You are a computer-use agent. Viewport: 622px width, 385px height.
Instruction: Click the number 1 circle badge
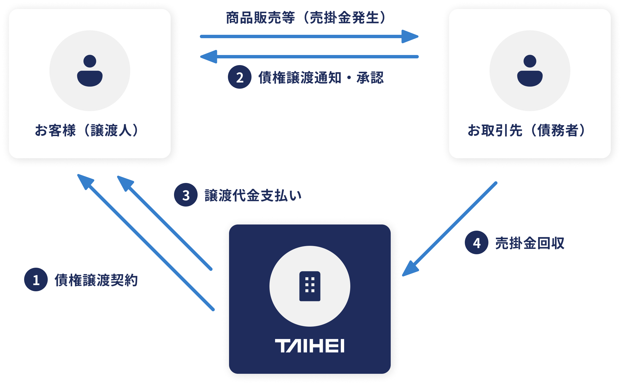pos(36,279)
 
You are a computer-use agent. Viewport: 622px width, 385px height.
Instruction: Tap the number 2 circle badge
pos(240,77)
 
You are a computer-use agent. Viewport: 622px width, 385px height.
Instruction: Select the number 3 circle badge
pos(186,195)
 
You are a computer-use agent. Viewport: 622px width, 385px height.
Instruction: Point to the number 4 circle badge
pos(477,242)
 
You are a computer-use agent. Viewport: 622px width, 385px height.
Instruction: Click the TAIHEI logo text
pos(310,346)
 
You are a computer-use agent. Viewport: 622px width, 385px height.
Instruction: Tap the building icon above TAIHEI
pos(310,286)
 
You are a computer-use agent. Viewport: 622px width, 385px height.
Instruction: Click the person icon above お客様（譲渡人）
pos(90,71)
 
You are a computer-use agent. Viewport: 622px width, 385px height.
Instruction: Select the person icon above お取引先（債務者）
pos(530,71)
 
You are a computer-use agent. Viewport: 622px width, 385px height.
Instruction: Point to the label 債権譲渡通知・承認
pos(321,77)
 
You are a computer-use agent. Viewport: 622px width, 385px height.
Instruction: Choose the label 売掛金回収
pos(530,243)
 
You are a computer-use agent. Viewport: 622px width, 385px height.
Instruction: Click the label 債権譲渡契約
pos(96,280)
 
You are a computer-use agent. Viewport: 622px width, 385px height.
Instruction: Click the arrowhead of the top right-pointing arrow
pos(410,36)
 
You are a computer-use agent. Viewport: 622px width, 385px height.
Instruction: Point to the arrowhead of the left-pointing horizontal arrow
pos(209,57)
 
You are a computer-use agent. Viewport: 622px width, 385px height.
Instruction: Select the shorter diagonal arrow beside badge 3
pos(164,223)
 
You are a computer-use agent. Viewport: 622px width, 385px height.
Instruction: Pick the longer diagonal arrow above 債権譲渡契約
pos(146,242)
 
